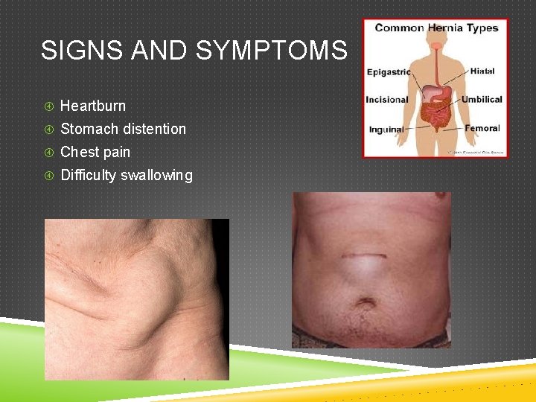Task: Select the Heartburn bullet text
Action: click(93, 106)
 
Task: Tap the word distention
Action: click(155, 129)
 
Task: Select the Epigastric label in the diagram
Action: click(389, 72)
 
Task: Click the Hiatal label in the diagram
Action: click(482, 71)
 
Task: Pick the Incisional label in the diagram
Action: click(387, 100)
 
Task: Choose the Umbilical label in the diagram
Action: click(482, 99)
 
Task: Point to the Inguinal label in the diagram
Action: click(386, 129)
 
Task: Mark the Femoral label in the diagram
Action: click(482, 128)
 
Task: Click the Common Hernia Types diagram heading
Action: click(436, 28)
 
